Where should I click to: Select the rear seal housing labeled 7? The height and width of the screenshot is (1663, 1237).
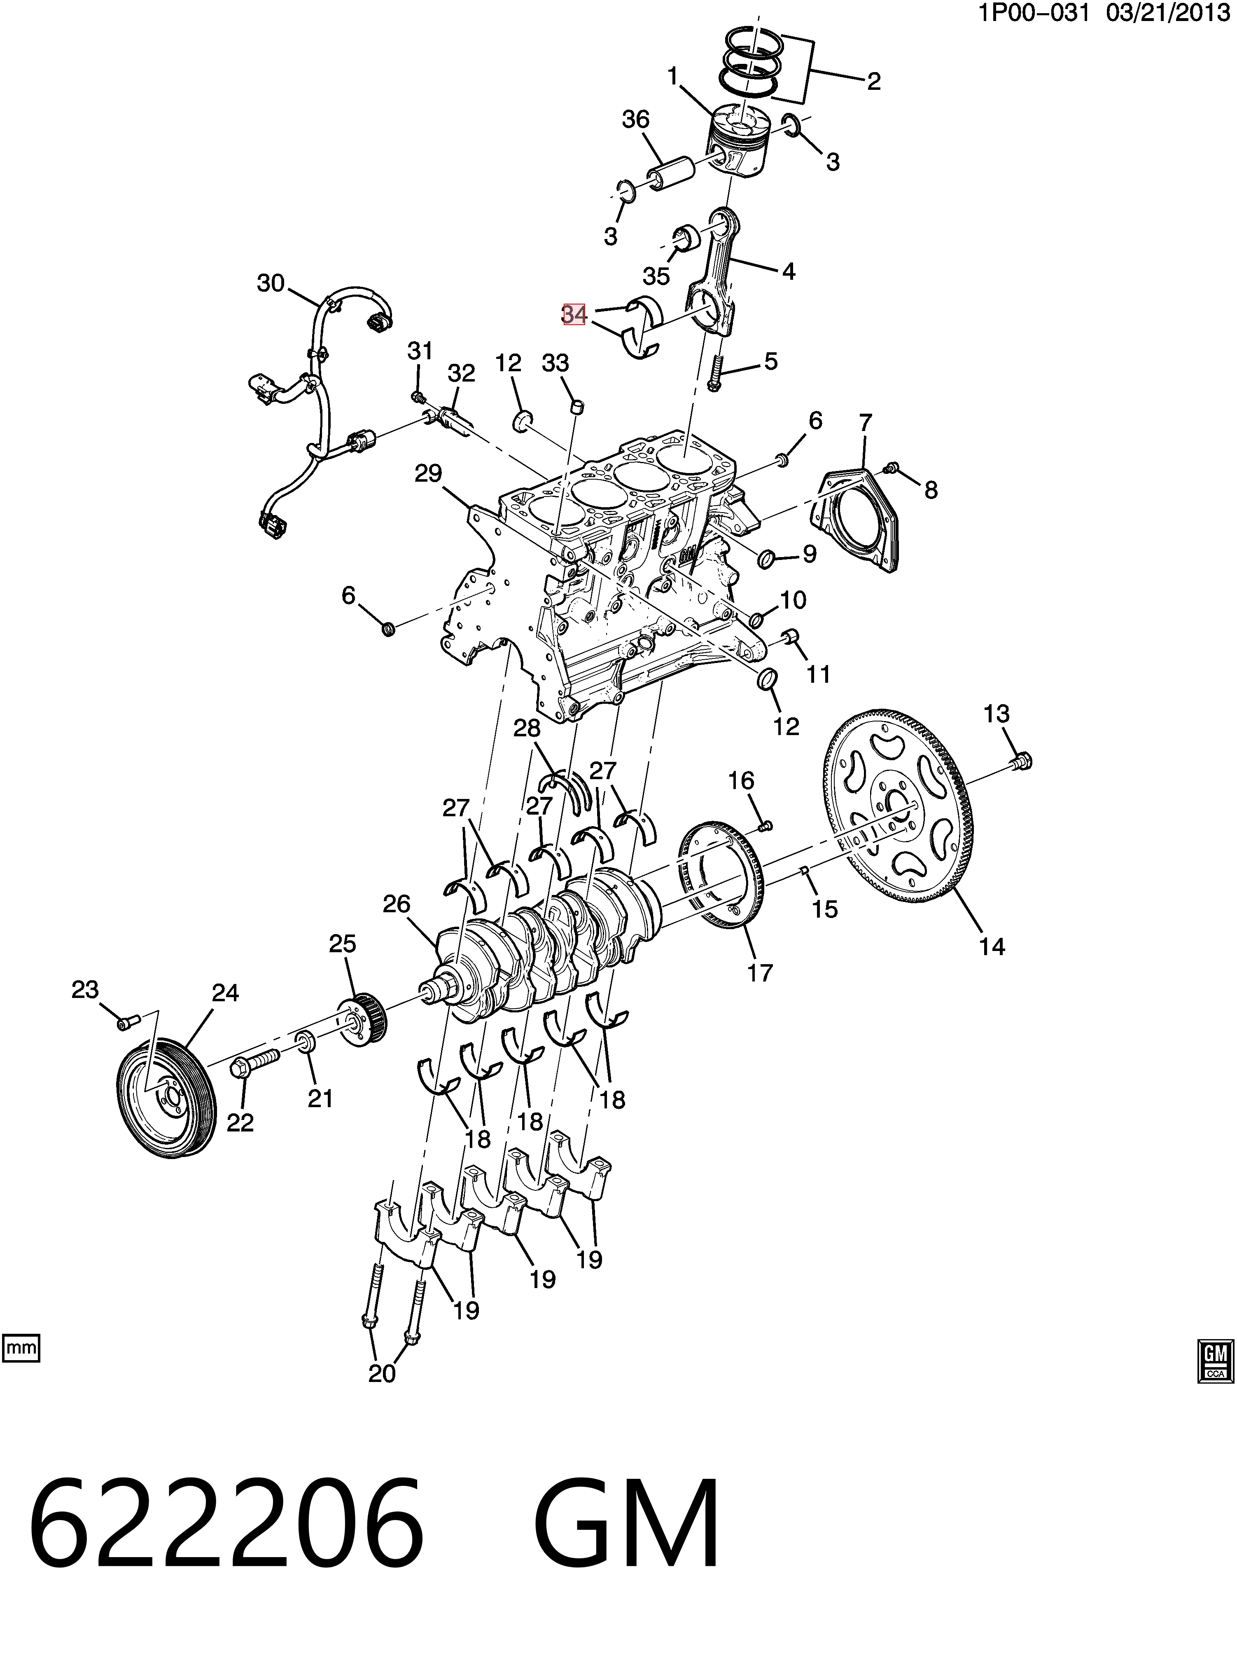tap(855, 521)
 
